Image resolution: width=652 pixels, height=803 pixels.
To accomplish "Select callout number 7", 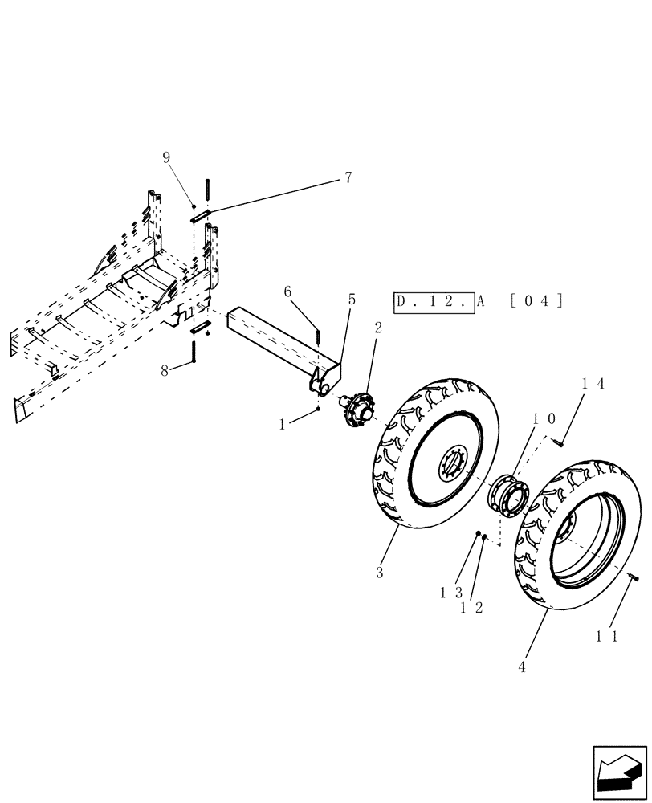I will [x=348, y=177].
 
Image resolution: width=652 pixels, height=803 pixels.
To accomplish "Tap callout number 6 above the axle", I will [x=287, y=293].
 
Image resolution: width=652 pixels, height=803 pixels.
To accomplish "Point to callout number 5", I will [x=351, y=299].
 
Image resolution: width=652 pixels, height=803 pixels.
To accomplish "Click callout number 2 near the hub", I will [x=378, y=328].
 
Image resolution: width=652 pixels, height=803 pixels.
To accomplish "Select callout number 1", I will [x=282, y=425].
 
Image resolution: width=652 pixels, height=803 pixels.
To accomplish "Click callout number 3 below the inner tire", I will [x=381, y=573].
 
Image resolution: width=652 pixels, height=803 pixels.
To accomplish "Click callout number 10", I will [x=544, y=419].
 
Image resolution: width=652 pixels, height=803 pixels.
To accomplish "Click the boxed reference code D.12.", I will [x=433, y=302].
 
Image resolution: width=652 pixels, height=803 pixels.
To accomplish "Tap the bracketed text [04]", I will [x=536, y=302].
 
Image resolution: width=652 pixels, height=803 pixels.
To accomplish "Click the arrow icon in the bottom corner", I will [x=619, y=773].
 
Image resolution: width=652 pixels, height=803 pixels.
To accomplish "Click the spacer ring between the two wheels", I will [x=510, y=494].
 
